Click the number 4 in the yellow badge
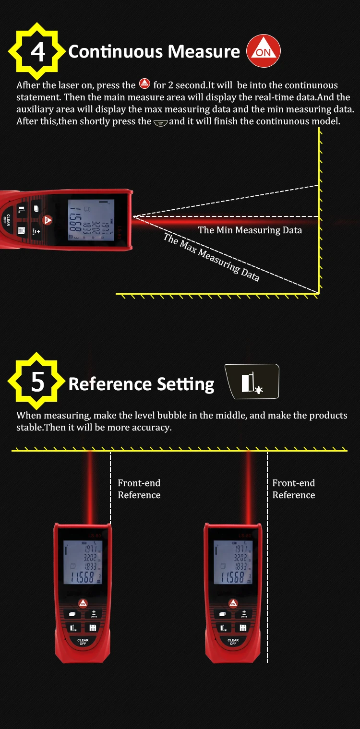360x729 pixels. [37, 52]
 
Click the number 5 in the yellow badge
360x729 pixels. [37, 383]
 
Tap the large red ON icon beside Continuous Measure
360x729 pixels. [263, 52]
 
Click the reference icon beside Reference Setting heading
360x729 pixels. [252, 382]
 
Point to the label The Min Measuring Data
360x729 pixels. [250, 230]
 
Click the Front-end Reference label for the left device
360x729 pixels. [139, 489]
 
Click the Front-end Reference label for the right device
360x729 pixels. [294, 489]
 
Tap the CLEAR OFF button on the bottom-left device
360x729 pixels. [83, 642]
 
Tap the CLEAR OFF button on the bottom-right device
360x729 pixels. [233, 642]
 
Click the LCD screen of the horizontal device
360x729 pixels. [91, 220]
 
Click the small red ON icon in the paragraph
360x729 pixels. [144, 84]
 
